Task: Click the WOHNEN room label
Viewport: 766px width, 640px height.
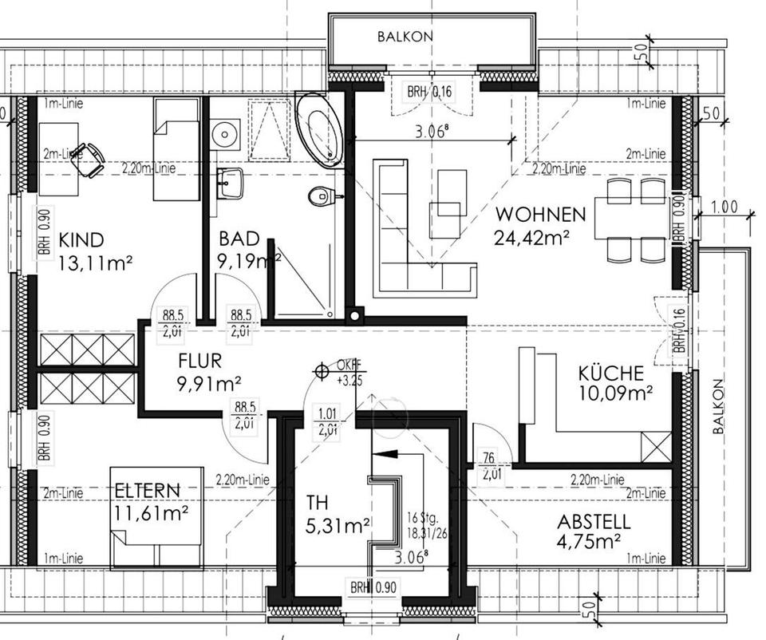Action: coord(541,215)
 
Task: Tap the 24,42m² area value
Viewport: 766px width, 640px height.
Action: coord(533,236)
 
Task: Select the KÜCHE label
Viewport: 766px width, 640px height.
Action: coord(611,373)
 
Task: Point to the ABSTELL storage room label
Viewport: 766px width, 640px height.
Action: coord(594,523)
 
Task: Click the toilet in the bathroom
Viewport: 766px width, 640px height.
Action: coord(322,195)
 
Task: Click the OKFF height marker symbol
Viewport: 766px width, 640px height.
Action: coord(322,370)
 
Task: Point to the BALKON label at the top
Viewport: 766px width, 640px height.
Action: coord(405,37)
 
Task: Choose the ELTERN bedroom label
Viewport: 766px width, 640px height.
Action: coord(146,490)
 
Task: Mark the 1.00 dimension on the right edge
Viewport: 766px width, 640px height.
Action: coord(723,207)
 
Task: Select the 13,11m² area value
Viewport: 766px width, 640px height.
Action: coord(94,262)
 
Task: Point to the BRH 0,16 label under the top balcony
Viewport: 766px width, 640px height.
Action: coord(429,93)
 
